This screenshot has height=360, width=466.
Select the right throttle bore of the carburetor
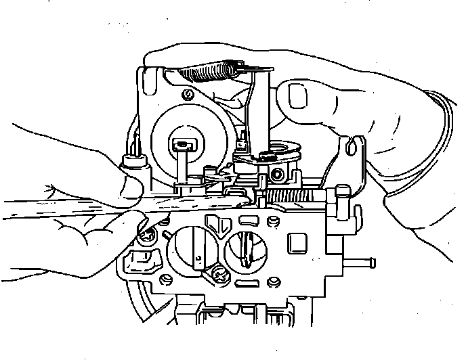(x=247, y=251)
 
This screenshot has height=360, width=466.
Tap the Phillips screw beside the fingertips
(x=146, y=235)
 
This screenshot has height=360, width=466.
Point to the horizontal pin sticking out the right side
(x=360, y=261)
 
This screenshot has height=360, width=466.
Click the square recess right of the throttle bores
(x=295, y=242)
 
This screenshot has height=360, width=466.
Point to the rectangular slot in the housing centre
(x=182, y=143)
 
